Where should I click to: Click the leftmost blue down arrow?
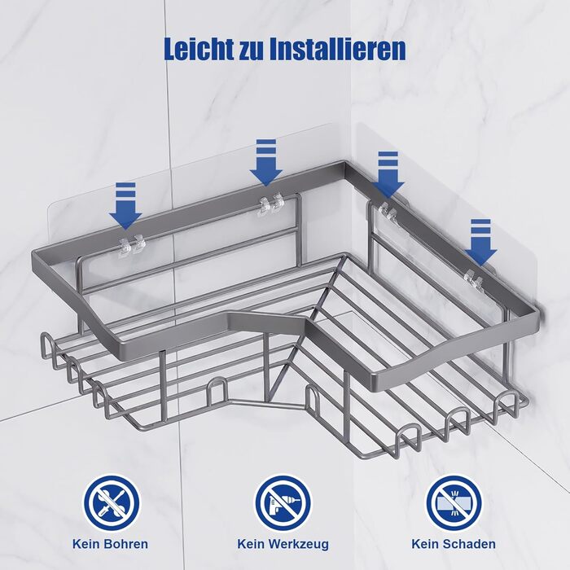pyautogui.click(x=125, y=206)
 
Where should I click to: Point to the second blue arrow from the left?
pyautogui.click(x=266, y=163)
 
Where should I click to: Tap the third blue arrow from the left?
pyautogui.click(x=388, y=175)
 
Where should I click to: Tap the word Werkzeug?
pyautogui.click(x=299, y=545)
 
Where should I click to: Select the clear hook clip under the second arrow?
pyautogui.click(x=270, y=204)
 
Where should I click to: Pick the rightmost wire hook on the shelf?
pyautogui.click(x=506, y=404)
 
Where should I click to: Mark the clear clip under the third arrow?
pyautogui.click(x=388, y=212)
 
